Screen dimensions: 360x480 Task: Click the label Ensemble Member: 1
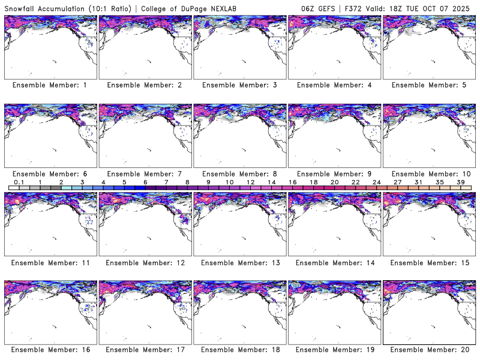click(x=50, y=85)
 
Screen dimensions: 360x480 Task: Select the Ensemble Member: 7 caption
click(x=145, y=174)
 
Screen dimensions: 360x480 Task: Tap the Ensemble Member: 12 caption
click(x=145, y=262)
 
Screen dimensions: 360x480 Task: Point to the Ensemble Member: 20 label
click(x=429, y=350)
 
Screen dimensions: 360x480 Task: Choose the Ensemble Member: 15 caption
click(x=429, y=262)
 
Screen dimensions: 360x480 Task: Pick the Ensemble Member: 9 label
click(x=334, y=174)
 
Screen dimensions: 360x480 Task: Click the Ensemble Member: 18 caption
click(x=239, y=350)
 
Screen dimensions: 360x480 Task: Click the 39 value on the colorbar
click(x=460, y=182)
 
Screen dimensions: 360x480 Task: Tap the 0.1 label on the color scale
click(x=19, y=182)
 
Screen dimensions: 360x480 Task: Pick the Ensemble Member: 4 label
click(x=334, y=85)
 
